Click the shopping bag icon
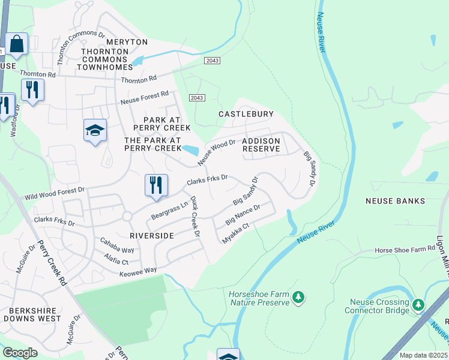coord(17,44)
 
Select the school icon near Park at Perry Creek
coord(95,131)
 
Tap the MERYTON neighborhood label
coord(127,42)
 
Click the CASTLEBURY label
coord(246,114)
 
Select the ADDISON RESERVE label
coord(261,145)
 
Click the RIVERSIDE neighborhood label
coord(152,236)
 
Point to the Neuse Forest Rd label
coord(145,98)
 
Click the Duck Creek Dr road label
coord(195,216)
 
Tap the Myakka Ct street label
coord(235,232)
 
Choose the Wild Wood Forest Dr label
coord(55,193)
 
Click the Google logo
coord(20,353)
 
